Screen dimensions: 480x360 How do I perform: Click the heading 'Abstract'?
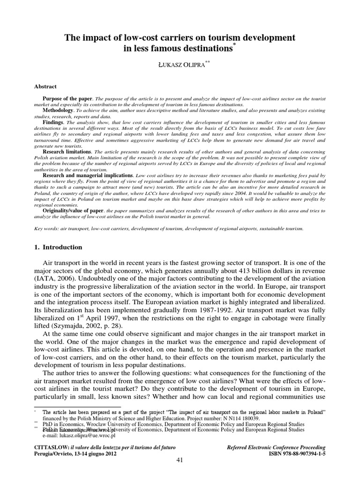tap(46, 86)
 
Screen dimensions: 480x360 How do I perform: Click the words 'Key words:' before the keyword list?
tap(47, 228)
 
